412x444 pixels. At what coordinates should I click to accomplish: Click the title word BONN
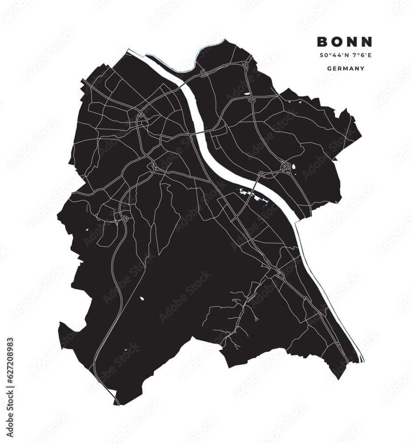click(345, 42)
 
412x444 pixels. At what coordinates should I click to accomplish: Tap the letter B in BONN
click(322, 42)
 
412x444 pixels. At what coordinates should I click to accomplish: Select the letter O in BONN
click(337, 42)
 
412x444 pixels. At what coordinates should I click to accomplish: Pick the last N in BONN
click(367, 42)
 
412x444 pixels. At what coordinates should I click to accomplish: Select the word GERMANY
click(345, 69)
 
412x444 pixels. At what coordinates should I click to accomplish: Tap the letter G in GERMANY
click(329, 69)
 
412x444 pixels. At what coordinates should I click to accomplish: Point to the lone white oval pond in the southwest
click(142, 298)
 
